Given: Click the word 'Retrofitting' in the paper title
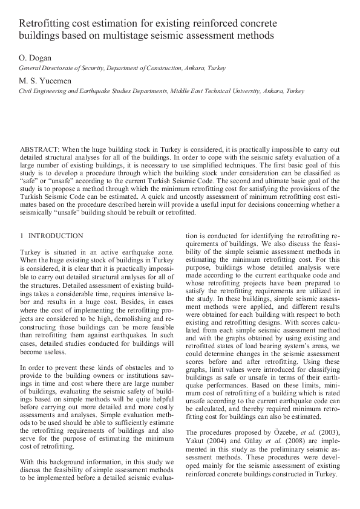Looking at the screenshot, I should (45, 24).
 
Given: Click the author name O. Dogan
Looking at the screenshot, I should (34, 58).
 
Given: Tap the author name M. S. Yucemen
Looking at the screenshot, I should (44, 81).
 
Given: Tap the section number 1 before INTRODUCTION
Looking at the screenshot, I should (22, 236).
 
